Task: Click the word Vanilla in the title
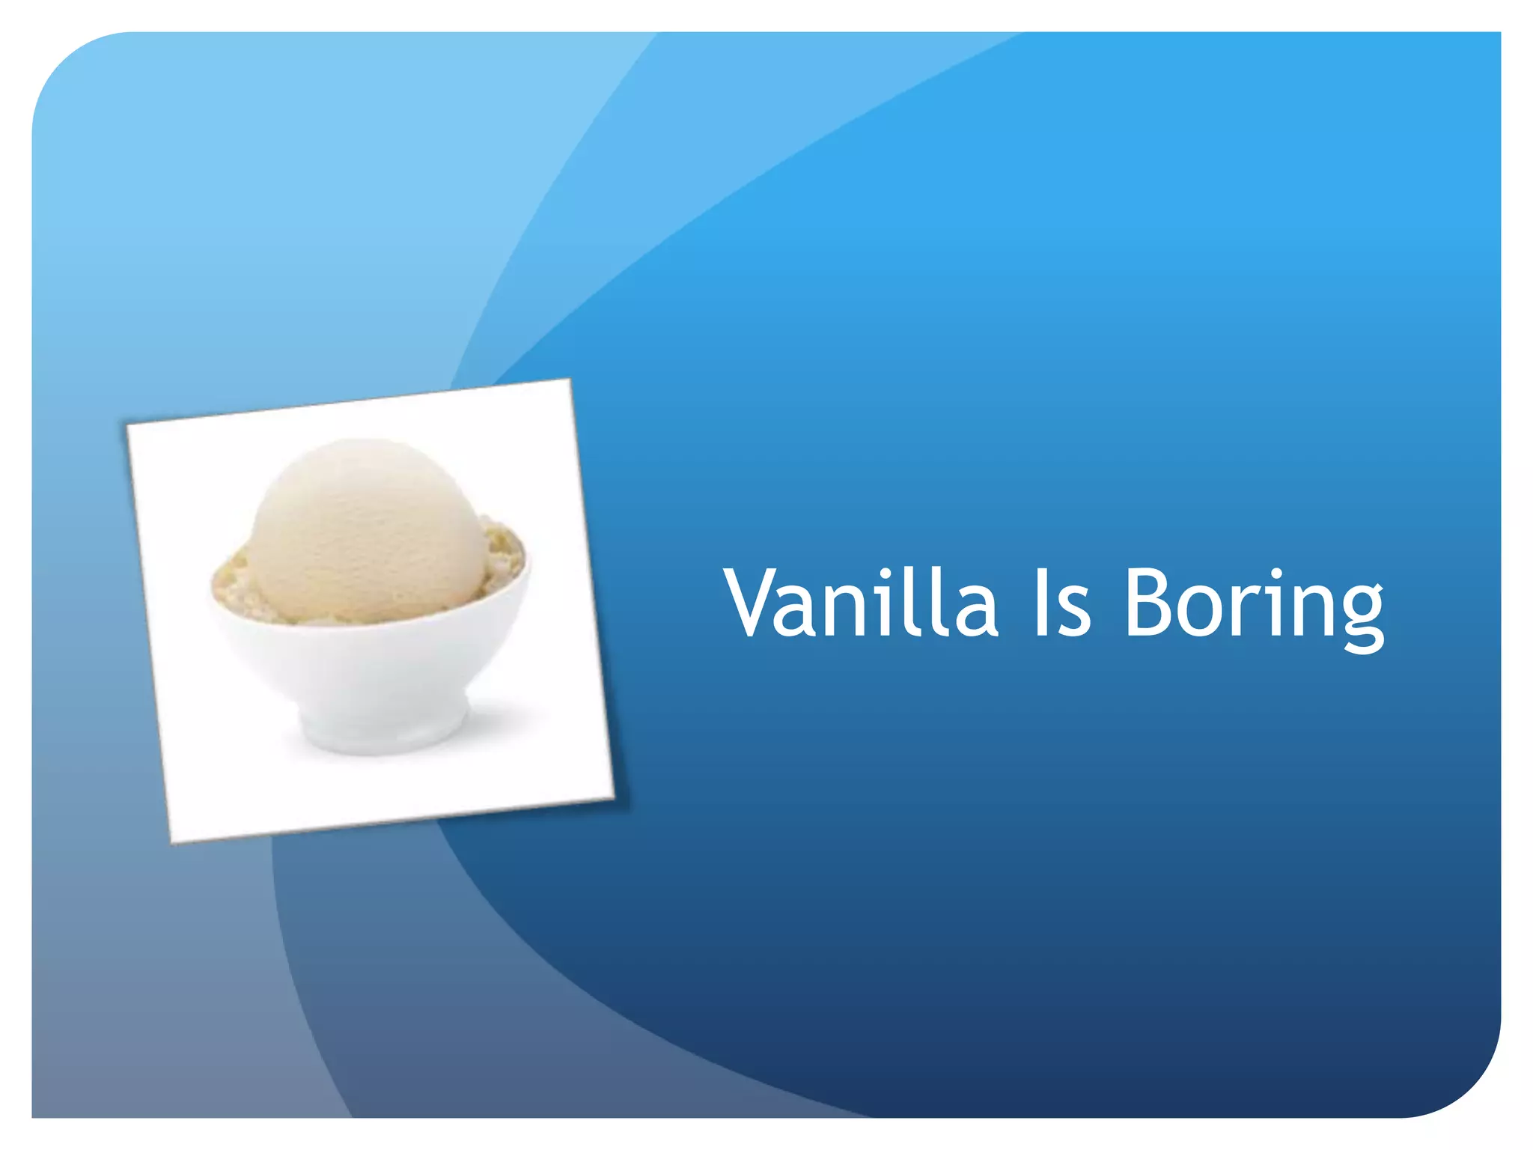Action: point(862,603)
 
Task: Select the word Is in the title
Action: point(1062,603)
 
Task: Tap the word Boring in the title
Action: point(1254,606)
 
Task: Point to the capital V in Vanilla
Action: point(758,603)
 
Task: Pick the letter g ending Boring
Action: point(1359,617)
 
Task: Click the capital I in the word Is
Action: point(1040,603)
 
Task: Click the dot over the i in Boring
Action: point(1276,574)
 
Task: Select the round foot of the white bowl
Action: point(382,726)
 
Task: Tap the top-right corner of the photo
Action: point(570,380)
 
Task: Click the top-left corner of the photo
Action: point(126,425)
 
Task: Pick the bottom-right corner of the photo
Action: point(614,798)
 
